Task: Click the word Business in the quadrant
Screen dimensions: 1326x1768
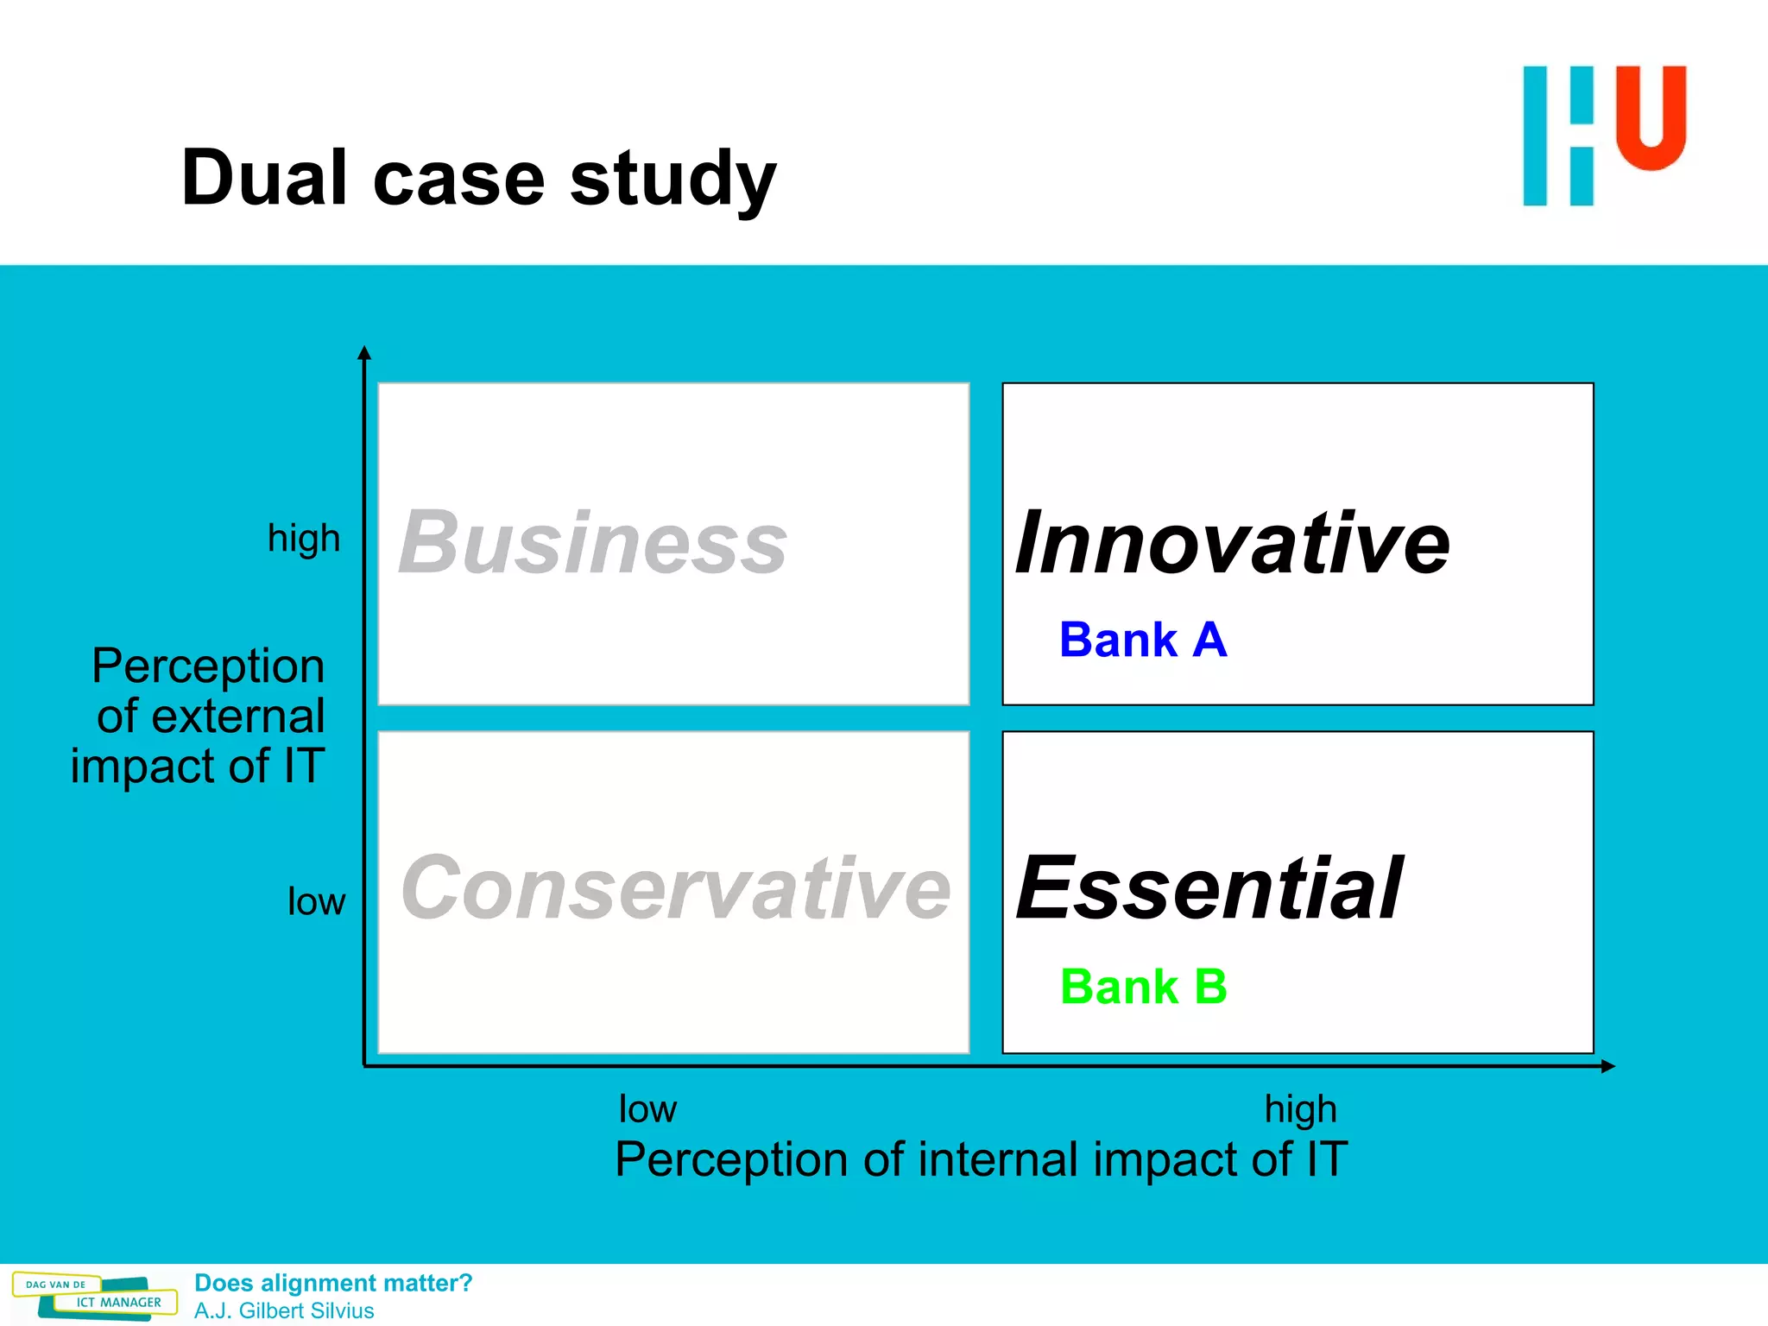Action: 592,543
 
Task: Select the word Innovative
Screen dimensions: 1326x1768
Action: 1232,543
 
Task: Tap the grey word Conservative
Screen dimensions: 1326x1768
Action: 675,888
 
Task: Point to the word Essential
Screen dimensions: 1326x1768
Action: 1209,888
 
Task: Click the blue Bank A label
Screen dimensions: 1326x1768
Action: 1143,641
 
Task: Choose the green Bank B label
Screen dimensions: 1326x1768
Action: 1143,987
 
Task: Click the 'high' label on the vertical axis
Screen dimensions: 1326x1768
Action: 304,539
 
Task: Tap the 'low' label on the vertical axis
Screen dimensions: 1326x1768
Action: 316,902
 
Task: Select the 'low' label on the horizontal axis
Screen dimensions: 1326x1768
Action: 647,1109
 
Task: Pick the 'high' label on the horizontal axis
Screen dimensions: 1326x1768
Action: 1300,1109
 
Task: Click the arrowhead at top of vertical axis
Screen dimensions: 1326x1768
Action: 364,351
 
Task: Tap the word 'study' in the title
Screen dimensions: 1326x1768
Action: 673,180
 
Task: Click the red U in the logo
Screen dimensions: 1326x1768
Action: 1651,117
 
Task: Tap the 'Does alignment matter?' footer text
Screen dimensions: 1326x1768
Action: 333,1283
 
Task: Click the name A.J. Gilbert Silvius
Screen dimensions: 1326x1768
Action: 284,1310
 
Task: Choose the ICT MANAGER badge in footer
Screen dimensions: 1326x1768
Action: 118,1302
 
